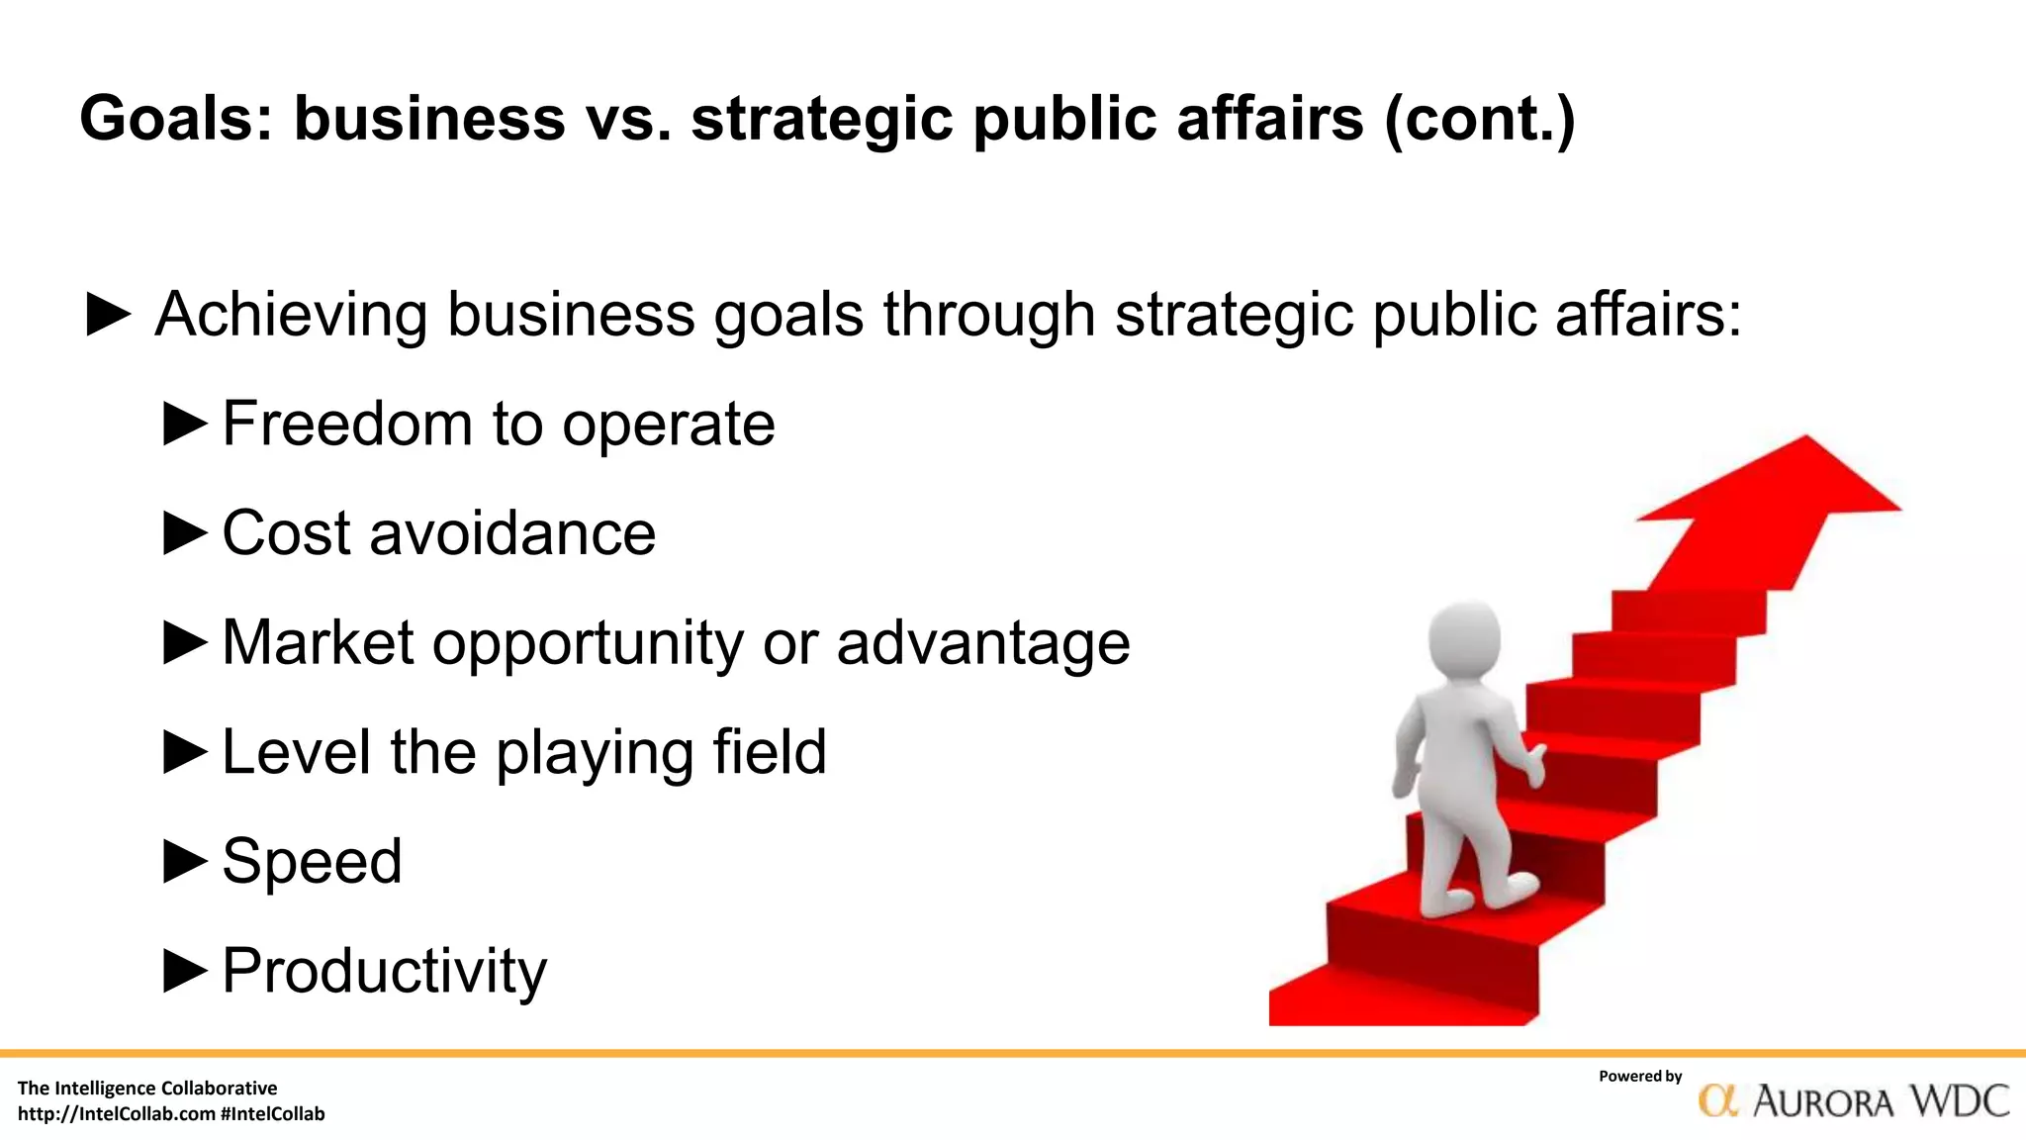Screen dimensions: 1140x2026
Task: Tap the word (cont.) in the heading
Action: (1479, 119)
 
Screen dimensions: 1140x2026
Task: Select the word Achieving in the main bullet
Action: (291, 315)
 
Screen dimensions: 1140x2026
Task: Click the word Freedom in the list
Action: (347, 424)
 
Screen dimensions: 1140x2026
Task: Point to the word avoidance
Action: (512, 532)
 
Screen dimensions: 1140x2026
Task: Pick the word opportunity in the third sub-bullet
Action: (588, 643)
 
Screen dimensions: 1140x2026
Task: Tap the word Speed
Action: (312, 861)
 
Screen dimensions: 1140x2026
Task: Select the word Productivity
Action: (384, 970)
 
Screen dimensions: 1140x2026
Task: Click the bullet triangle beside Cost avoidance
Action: (185, 532)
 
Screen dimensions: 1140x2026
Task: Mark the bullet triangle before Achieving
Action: (109, 315)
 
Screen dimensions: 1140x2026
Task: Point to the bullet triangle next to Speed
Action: (185, 861)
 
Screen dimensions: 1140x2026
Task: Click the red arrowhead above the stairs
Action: (1781, 490)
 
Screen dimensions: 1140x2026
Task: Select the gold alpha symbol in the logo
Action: (1718, 1100)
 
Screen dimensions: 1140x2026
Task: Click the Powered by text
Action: (1640, 1077)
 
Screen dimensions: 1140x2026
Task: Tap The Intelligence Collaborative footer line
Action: (147, 1089)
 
